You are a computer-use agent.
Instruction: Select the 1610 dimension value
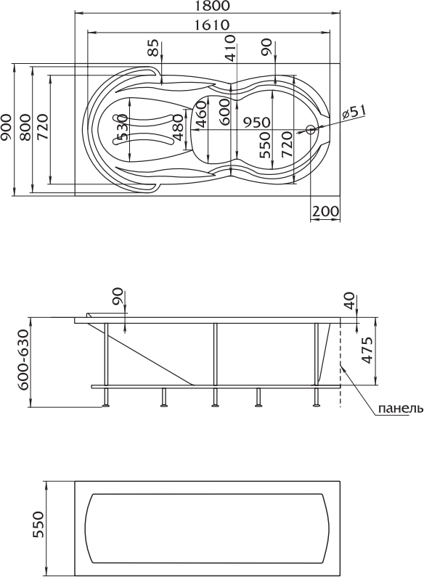click(x=211, y=25)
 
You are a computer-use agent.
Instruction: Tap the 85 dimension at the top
click(x=155, y=47)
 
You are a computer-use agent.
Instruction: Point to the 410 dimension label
click(x=230, y=48)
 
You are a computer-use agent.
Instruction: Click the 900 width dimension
click(x=7, y=127)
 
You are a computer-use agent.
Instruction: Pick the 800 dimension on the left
click(x=25, y=127)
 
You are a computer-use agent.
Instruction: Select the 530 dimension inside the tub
click(x=122, y=127)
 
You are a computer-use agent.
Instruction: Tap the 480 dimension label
click(x=178, y=127)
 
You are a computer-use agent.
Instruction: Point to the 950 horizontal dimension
click(x=256, y=122)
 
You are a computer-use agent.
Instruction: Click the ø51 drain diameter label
click(x=354, y=112)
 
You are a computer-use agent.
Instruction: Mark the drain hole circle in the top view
click(x=311, y=129)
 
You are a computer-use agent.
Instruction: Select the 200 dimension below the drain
click(x=325, y=211)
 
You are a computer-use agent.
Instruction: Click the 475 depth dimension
click(x=367, y=351)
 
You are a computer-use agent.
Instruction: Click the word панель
click(x=401, y=409)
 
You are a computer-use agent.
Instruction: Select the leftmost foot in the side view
click(x=106, y=406)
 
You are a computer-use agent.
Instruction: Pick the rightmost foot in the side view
click(x=316, y=406)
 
